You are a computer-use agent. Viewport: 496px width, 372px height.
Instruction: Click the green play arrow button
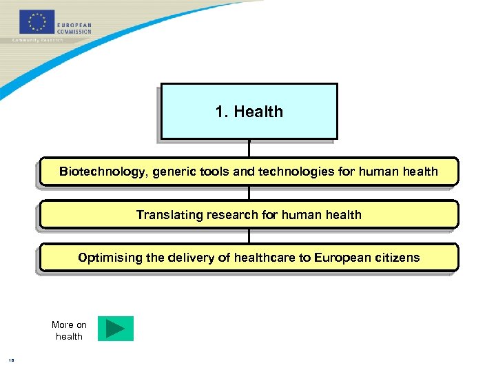115,329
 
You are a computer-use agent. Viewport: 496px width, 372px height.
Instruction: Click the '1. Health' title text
249,112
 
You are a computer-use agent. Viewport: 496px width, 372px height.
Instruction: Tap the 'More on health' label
69,331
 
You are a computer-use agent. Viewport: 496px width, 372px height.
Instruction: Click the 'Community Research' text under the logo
37,41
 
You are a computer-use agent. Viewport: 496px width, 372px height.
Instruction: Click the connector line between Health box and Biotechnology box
249,148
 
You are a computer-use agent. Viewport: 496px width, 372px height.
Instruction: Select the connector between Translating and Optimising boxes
249,236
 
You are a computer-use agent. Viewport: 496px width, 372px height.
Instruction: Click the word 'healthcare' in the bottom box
263,258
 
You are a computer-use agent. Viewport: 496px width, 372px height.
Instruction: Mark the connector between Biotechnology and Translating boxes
249,193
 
